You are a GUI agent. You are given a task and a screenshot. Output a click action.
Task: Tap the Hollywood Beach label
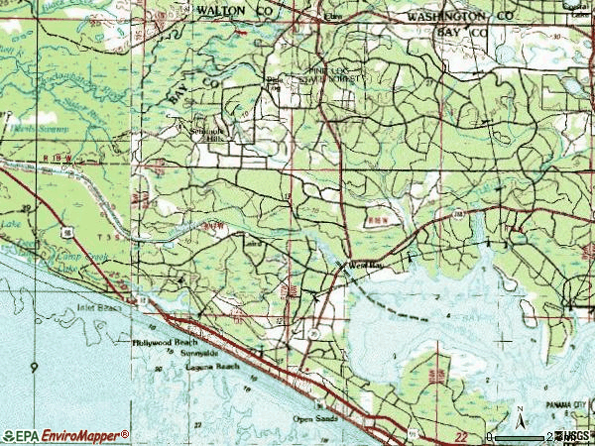pos(166,341)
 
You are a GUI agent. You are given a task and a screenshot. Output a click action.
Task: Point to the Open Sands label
pos(315,417)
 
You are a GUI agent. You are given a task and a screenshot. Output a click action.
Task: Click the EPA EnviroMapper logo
pos(66,435)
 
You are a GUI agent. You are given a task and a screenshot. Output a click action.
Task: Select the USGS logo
pos(572,436)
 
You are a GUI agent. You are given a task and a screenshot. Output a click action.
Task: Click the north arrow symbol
pos(519,414)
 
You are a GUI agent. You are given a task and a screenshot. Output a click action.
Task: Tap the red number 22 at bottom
pos(460,433)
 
